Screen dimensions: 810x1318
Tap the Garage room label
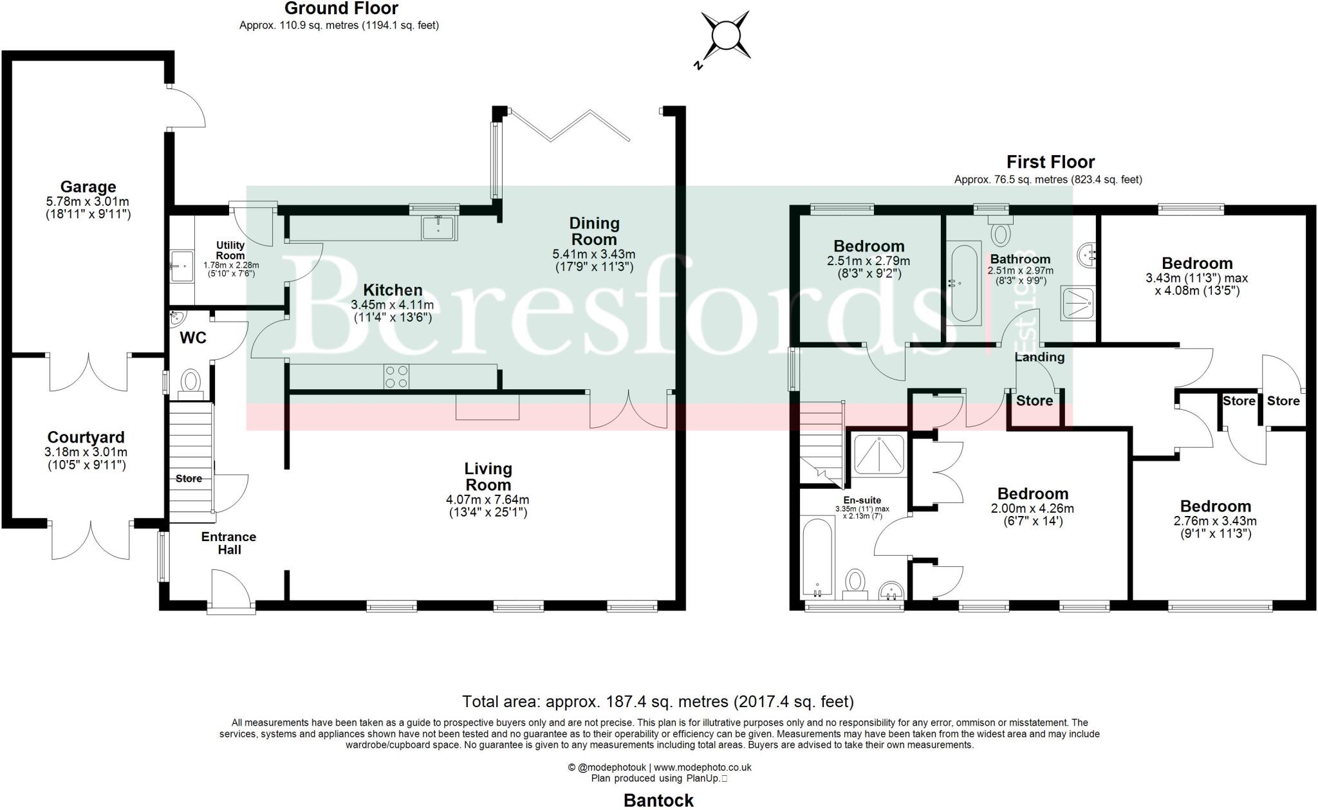tap(88, 187)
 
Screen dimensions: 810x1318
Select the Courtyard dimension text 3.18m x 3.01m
tap(88, 452)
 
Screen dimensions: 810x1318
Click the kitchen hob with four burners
tap(396, 376)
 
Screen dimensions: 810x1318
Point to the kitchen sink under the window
tap(439, 228)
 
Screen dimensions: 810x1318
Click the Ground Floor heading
tap(341, 8)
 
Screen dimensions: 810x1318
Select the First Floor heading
tap(1050, 161)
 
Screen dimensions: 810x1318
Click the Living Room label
tap(488, 477)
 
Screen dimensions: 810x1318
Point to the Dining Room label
tap(594, 231)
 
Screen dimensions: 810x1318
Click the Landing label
tap(1039, 357)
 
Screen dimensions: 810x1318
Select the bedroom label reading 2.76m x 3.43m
tap(1215, 521)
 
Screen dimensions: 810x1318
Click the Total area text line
tap(658, 701)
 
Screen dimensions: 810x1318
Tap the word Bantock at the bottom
tap(658, 800)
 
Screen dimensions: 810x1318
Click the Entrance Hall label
tap(228, 543)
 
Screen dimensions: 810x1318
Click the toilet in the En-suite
tap(855, 582)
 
